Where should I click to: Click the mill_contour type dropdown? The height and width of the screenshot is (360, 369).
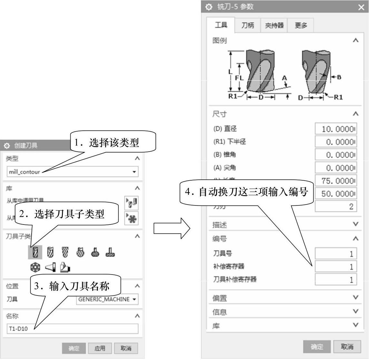pyautogui.click(x=72, y=172)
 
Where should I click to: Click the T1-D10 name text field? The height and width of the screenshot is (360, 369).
pyautogui.click(x=72, y=329)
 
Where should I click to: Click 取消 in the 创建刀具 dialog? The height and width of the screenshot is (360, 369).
pyautogui.click(x=126, y=348)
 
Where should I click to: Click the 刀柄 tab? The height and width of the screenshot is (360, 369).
pyautogui.click(x=248, y=25)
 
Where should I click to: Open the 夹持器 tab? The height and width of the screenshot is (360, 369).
pyautogui.click(x=274, y=25)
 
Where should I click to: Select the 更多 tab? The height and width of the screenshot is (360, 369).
pyautogui.click(x=301, y=25)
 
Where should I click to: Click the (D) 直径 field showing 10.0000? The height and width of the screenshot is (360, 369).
pyautogui.click(x=336, y=129)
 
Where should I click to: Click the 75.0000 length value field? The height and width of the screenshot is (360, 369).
pyautogui.click(x=336, y=181)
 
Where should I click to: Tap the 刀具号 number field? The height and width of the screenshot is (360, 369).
pyautogui.click(x=336, y=254)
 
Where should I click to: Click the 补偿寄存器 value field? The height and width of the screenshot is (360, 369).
pyautogui.click(x=336, y=267)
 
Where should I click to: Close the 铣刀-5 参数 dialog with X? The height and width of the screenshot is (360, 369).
pyautogui.click(x=361, y=7)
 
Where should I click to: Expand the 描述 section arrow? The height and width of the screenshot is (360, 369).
pyautogui.click(x=355, y=224)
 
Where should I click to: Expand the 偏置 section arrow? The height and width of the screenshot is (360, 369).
pyautogui.click(x=355, y=297)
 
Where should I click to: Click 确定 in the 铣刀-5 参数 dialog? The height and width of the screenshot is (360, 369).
pyautogui.click(x=317, y=346)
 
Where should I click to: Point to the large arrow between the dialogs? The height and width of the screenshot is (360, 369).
pyautogui.click(x=171, y=228)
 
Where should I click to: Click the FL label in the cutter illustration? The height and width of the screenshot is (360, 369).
pyautogui.click(x=239, y=78)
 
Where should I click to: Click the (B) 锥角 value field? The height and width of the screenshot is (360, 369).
pyautogui.click(x=336, y=155)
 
